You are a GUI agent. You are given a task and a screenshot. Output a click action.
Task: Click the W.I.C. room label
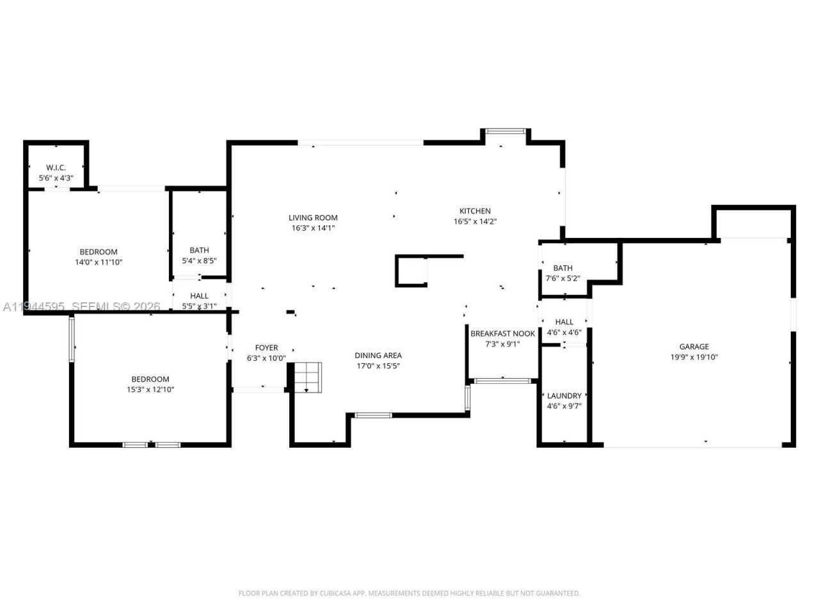click(56, 168)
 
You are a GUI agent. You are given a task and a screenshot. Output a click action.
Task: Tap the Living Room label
click(313, 218)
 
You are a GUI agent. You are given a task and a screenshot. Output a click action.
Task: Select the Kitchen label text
click(475, 211)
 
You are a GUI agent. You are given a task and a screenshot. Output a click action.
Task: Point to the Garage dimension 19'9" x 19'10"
click(694, 358)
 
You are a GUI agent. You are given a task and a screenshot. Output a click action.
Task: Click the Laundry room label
click(564, 396)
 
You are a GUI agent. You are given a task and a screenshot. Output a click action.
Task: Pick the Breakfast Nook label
click(502, 334)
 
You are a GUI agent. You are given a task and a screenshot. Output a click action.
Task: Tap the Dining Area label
click(378, 356)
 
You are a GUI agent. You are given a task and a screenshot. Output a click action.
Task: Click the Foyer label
click(266, 348)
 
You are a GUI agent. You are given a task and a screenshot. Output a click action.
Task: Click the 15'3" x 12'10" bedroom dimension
click(150, 390)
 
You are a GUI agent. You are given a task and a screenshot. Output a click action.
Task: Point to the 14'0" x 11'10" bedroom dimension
click(99, 262)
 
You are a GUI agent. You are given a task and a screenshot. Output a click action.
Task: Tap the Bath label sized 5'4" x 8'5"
click(199, 251)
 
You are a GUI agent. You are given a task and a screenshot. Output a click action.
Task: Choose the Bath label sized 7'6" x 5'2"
click(563, 269)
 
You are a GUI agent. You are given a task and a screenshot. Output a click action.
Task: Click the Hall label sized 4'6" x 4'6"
click(564, 322)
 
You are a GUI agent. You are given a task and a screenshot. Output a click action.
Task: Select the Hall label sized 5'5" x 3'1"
click(199, 297)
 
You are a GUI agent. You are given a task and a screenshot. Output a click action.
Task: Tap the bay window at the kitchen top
click(504, 131)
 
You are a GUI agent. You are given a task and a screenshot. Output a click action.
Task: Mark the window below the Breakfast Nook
click(502, 381)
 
